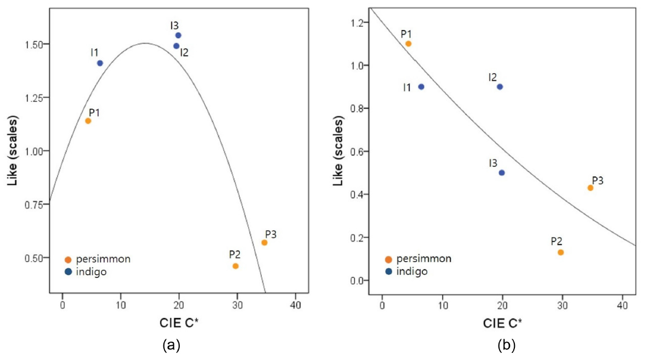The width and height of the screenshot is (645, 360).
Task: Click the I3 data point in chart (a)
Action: click(178, 36)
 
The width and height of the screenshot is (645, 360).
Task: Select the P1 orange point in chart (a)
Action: click(88, 121)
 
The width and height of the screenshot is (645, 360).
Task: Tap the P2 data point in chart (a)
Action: click(236, 266)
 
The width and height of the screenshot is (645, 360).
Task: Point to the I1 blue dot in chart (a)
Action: click(100, 63)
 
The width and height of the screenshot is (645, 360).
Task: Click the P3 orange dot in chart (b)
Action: click(590, 188)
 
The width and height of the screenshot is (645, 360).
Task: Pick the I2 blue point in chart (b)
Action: click(500, 87)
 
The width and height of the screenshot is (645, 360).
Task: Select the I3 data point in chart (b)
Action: click(502, 173)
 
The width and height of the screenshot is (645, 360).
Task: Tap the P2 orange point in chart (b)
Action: click(561, 252)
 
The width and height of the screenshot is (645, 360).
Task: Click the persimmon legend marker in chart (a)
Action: click(68, 259)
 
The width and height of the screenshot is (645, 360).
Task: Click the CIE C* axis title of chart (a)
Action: click(179, 323)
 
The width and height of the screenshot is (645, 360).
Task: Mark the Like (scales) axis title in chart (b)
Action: click(338, 151)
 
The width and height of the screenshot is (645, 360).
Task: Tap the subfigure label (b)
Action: click(506, 345)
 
